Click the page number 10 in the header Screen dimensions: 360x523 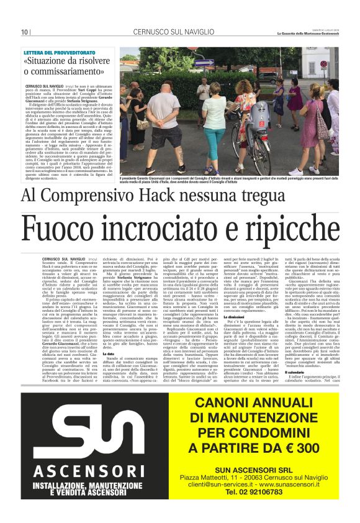tap(24, 32)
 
